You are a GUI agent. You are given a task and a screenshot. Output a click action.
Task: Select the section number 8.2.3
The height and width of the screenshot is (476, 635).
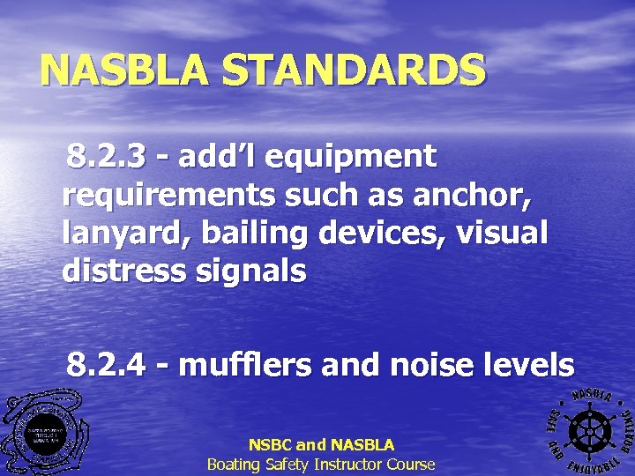(104, 157)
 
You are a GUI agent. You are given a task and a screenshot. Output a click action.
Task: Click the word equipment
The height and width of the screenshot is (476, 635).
(350, 157)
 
